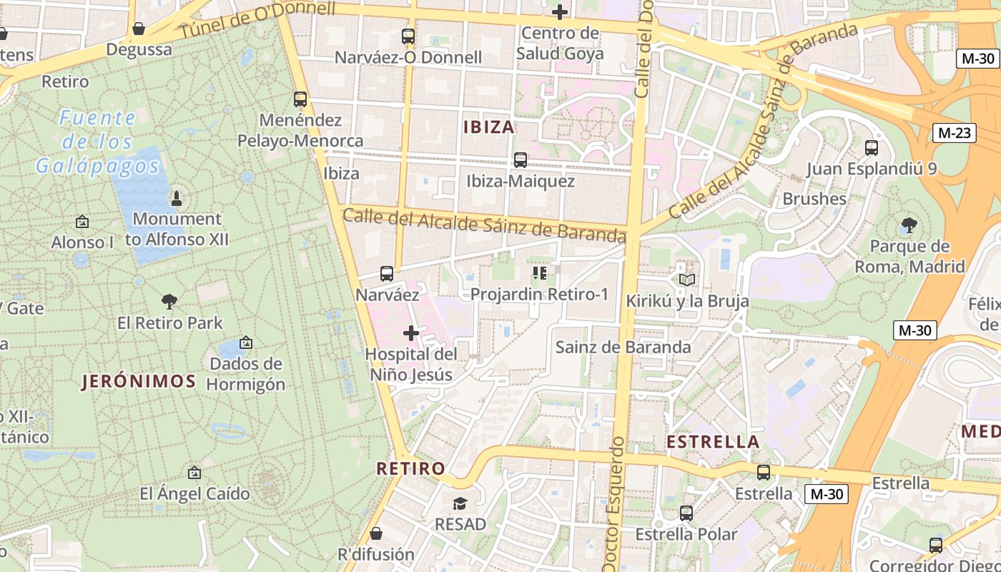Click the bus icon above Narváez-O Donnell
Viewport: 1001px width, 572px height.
(x=408, y=36)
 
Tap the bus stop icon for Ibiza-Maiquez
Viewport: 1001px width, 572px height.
(x=521, y=160)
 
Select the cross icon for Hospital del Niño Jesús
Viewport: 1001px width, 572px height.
(x=411, y=332)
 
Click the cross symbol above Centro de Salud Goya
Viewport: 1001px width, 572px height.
(x=560, y=11)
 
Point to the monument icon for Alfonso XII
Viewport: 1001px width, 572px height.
(x=177, y=198)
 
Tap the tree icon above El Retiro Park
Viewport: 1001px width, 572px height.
(x=169, y=302)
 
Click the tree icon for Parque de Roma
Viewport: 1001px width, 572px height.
(x=909, y=226)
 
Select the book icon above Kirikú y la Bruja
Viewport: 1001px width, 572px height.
(x=687, y=280)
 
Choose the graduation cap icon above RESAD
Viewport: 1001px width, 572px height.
(x=460, y=503)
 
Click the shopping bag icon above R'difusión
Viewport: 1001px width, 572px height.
(x=376, y=533)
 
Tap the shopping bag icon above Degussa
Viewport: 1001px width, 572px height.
(x=139, y=29)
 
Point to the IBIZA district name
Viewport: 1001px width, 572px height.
(x=489, y=127)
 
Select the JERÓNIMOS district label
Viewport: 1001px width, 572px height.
(x=139, y=381)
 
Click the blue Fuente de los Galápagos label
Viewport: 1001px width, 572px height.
(x=98, y=142)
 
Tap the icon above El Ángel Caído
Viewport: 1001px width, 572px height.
(x=194, y=473)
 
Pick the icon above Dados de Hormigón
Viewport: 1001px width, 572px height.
(x=246, y=343)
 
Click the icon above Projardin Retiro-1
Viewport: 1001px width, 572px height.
(x=539, y=273)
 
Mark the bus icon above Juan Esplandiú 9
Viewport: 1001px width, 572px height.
(x=872, y=148)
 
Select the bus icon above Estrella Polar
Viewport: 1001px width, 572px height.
(x=686, y=513)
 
